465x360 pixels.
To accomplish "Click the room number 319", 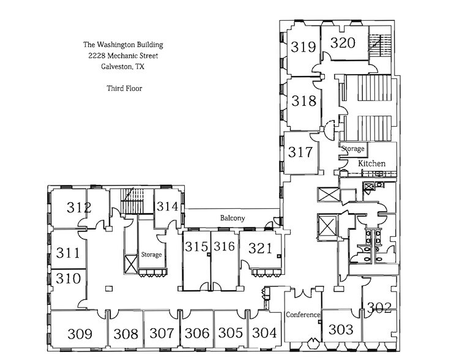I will click(x=303, y=47).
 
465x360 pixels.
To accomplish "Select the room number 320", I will click(x=343, y=43).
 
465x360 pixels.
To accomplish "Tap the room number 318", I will click(x=304, y=100).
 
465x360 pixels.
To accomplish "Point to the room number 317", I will click(x=301, y=152).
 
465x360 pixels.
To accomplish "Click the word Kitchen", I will click(x=371, y=163).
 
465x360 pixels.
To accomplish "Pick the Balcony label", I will click(x=232, y=219).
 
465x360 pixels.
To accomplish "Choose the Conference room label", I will click(x=303, y=315).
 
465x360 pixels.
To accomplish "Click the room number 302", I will click(x=379, y=309).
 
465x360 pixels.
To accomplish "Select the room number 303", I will click(x=341, y=330).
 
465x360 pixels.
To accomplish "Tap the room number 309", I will click(x=80, y=334).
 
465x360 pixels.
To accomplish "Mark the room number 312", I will click(x=80, y=208).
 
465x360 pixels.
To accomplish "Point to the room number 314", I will click(x=167, y=207).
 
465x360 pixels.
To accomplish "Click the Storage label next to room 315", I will click(x=152, y=255).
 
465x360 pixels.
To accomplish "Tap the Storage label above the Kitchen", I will click(x=353, y=149).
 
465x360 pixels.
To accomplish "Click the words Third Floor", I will click(x=124, y=88).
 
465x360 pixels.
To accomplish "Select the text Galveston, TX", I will click(x=123, y=67).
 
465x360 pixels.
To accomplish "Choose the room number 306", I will click(x=197, y=334).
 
